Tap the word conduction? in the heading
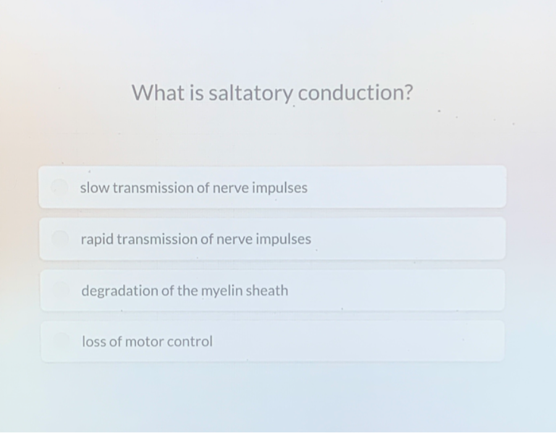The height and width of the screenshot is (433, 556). (355, 93)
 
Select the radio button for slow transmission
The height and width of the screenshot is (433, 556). (60, 186)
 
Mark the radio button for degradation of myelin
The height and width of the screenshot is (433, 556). (61, 289)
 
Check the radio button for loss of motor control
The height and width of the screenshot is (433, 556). (61, 340)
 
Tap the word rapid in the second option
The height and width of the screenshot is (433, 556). (97, 240)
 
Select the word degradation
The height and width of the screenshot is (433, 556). (120, 291)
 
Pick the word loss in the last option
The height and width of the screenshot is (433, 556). (94, 341)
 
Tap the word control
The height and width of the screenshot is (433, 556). (190, 341)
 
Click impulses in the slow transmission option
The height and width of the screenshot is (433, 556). (279, 188)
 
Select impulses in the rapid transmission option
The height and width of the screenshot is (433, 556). (284, 240)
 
